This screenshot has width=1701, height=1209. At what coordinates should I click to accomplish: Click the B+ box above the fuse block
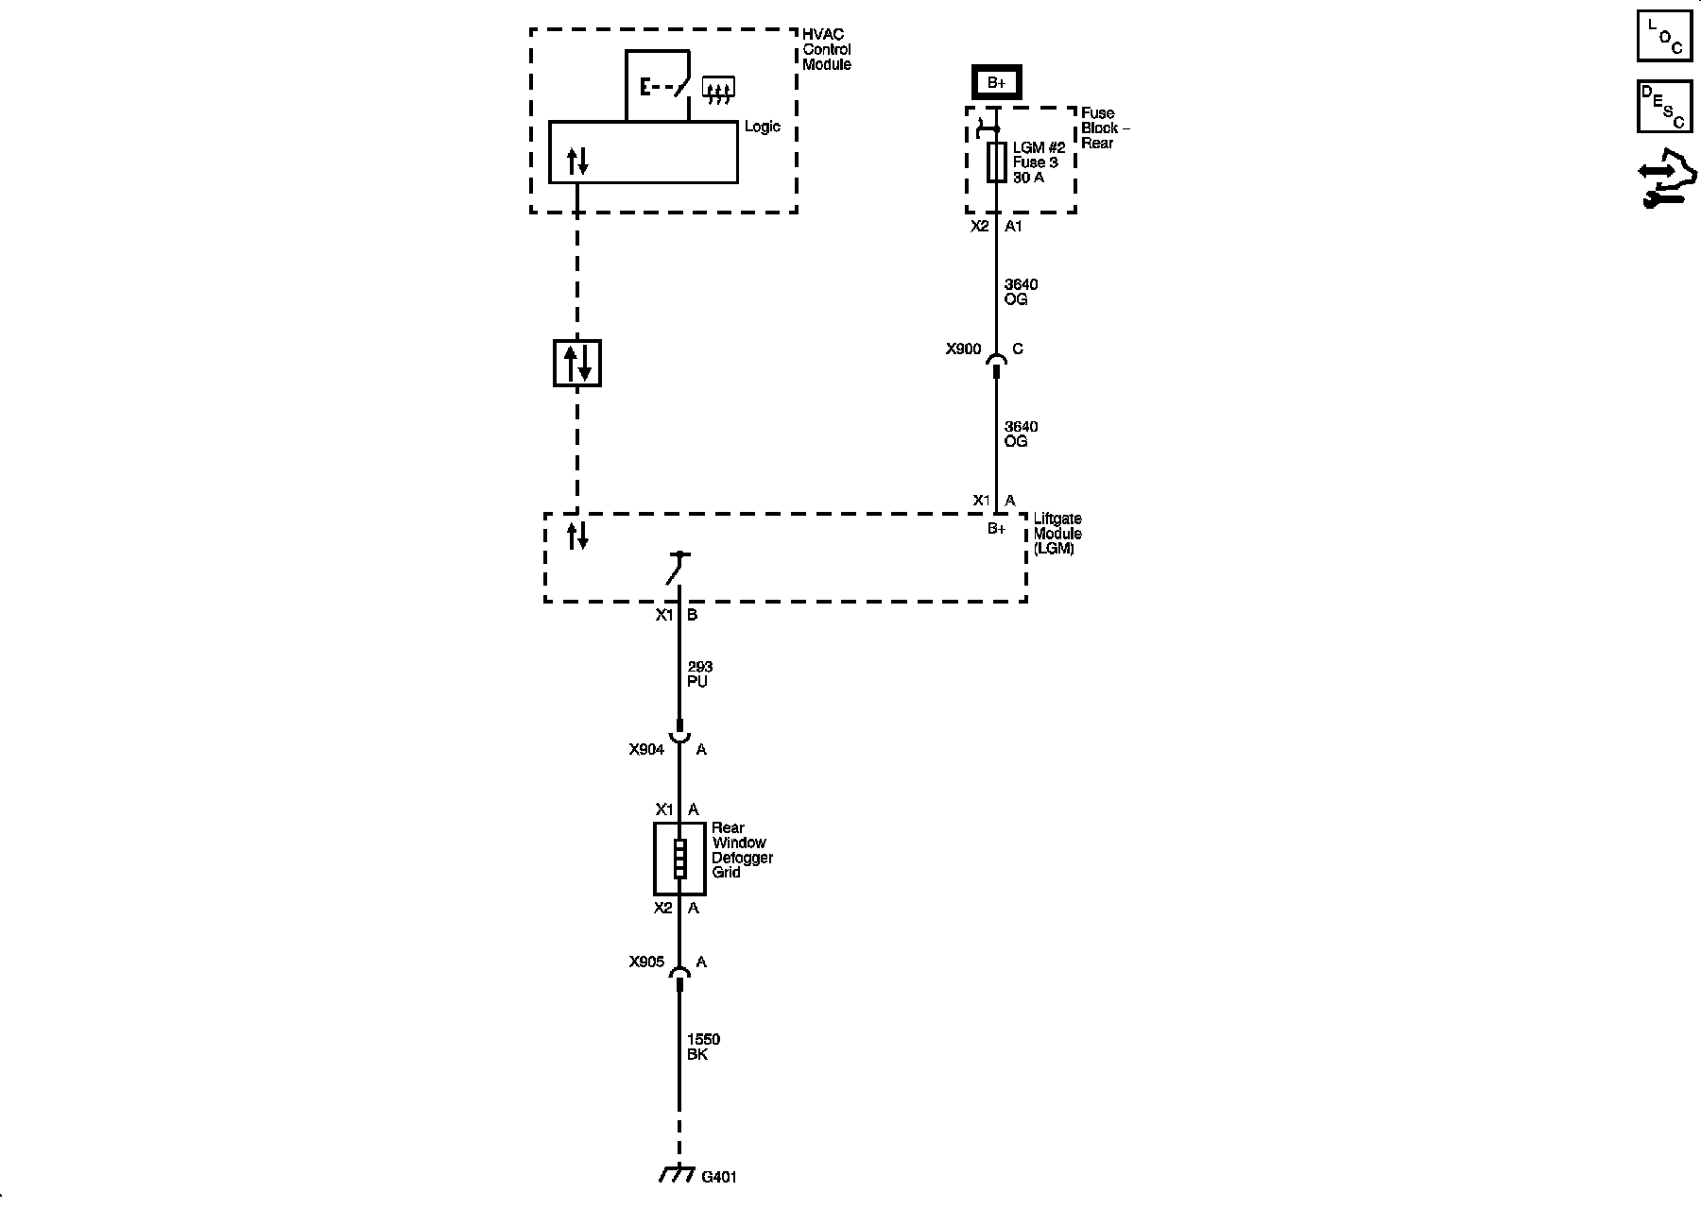pos(996,83)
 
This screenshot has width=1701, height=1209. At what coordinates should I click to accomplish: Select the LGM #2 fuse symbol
pos(996,162)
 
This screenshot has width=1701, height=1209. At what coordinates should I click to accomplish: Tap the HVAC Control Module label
pos(826,50)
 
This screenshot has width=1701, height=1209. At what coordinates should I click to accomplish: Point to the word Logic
pos(763,127)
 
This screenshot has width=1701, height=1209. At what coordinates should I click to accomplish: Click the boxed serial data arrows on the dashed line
pos(576,364)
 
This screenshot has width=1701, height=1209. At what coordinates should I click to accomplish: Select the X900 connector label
pos(963,349)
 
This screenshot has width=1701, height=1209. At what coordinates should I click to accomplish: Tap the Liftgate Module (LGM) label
pos(1057,534)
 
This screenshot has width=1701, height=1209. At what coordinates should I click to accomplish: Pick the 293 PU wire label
pos(699,674)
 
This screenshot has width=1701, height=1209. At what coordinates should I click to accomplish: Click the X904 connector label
pos(646,750)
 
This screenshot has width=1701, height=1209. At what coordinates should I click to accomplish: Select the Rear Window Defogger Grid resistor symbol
pos(679,859)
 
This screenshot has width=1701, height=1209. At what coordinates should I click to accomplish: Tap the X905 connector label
pos(646,962)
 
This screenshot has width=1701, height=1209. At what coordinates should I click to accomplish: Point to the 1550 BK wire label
pos(703,1047)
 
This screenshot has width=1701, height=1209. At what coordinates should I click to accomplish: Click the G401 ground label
pos(719,1177)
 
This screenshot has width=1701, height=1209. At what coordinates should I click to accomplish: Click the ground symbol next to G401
pos(676,1174)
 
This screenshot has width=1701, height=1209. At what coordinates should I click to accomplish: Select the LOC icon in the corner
pos(1664,36)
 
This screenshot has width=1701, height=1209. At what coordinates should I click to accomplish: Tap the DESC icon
pos(1664,106)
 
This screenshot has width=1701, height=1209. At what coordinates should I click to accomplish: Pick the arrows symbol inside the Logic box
pos(577,162)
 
